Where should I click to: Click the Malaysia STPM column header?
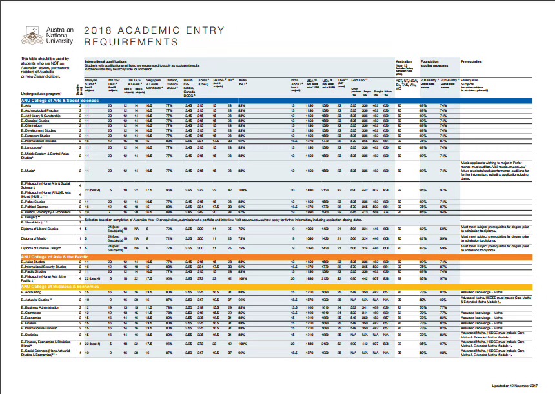tap(91, 83)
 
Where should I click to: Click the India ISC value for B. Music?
tap(242, 171)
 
